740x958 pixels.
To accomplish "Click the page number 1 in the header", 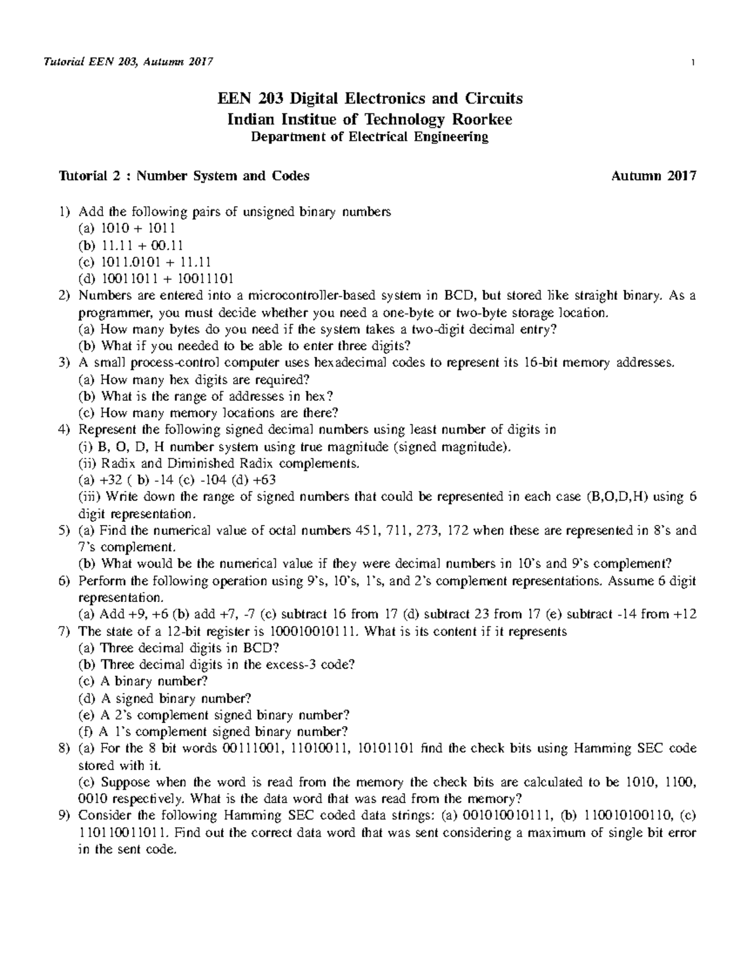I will click(x=694, y=62).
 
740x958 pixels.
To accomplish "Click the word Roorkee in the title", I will click(x=482, y=119).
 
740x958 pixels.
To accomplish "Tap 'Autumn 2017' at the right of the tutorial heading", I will click(x=654, y=176).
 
